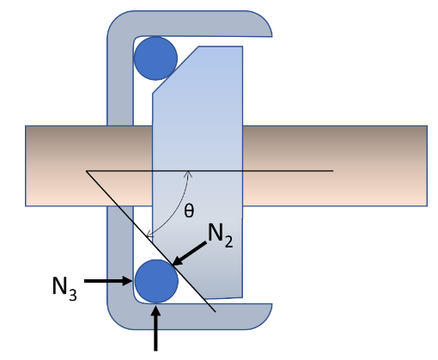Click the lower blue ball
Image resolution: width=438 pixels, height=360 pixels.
click(156, 278)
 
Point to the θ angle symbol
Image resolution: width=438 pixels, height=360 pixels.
click(189, 210)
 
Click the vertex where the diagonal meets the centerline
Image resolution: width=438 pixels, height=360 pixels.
click(87, 171)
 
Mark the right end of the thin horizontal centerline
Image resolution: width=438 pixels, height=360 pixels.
click(332, 171)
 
